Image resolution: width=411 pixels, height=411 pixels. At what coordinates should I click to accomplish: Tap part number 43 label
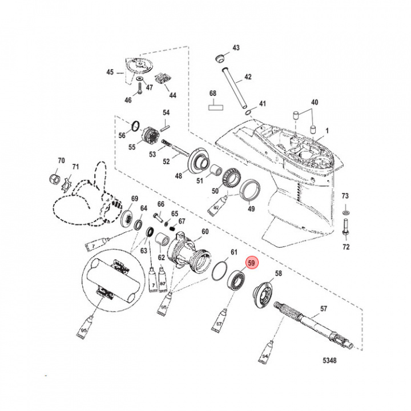click(x=236, y=48)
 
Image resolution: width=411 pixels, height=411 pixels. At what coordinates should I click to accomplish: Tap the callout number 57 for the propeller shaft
click(x=324, y=309)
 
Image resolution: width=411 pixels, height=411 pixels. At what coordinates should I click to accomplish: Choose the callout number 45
click(x=110, y=72)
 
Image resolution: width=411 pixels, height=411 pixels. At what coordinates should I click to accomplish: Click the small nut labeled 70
click(x=56, y=179)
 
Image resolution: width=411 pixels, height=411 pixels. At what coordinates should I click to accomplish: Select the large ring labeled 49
click(x=249, y=190)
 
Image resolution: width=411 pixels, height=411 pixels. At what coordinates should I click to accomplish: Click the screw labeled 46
click(x=138, y=88)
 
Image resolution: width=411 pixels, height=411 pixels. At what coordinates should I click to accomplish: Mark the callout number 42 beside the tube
click(x=247, y=76)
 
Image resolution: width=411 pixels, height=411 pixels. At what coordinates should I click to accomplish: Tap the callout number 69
click(x=135, y=199)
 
